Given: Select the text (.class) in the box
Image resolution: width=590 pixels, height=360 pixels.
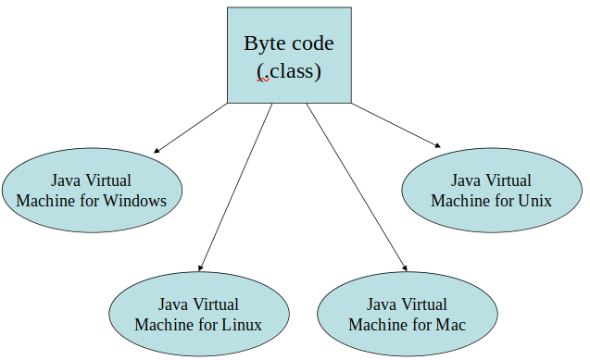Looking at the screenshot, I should pyautogui.click(x=289, y=70).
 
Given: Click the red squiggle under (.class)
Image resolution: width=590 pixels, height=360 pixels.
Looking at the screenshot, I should pyautogui.click(x=263, y=81).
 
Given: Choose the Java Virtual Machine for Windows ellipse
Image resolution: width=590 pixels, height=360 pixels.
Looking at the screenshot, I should pyautogui.click(x=91, y=190).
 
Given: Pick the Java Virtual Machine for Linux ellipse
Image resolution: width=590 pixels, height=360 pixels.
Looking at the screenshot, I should pyautogui.click(x=198, y=315).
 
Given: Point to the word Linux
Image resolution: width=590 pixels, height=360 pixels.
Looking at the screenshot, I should pyautogui.click(x=241, y=325).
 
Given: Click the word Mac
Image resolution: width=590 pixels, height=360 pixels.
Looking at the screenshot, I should pyautogui.click(x=447, y=325).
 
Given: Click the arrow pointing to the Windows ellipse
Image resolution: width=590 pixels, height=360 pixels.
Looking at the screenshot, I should pyautogui.click(x=191, y=127).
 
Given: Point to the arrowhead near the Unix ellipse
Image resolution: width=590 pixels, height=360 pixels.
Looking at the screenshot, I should pyautogui.click(x=436, y=143).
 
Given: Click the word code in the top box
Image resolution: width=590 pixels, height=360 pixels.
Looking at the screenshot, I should pyautogui.click(x=312, y=43).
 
